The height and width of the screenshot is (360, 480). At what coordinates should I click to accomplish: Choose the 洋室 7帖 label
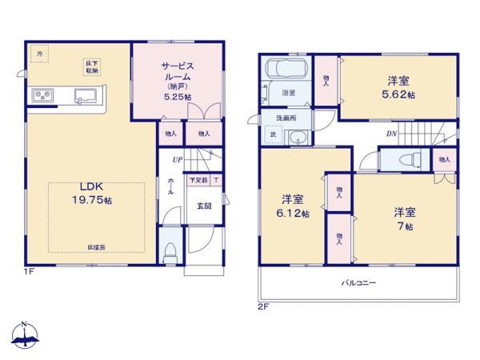tap(403, 218)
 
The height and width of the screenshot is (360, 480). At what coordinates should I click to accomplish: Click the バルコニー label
tap(358, 283)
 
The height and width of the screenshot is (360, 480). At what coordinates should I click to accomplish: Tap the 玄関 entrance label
tap(203, 206)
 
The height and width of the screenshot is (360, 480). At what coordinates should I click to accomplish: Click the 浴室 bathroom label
tap(289, 94)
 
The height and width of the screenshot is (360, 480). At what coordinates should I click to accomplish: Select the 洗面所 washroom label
tap(285, 118)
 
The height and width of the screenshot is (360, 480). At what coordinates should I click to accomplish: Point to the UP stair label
tap(177, 158)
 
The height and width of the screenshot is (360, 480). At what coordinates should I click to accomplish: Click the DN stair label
tap(391, 134)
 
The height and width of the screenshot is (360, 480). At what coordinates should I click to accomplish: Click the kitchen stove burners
tap(42, 97)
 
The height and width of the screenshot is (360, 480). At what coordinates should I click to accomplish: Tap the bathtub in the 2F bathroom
tap(286, 68)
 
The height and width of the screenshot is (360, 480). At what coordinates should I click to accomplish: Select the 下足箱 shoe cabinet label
tap(198, 181)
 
